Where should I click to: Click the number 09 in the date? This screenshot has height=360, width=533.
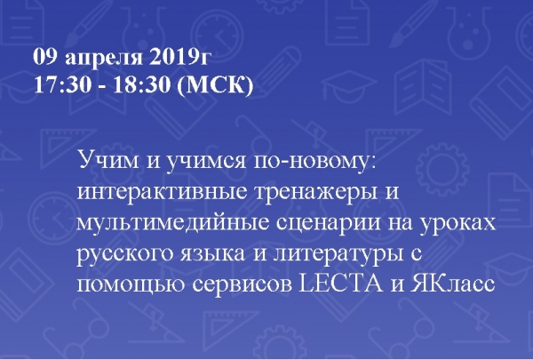coord(44,57)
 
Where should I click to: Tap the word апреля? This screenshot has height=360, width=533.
coord(104,60)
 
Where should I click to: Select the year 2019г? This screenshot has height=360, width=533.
coord(179,57)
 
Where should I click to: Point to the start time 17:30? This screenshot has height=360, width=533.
coord(62,84)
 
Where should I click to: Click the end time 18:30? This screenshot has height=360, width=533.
coord(141,84)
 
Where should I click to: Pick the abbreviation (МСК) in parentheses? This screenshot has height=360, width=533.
coord(216,85)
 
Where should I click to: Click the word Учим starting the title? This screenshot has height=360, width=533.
coord(108,160)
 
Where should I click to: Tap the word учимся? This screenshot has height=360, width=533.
coord(206,161)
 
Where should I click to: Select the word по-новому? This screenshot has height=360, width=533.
coord(315,161)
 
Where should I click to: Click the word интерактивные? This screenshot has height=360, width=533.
coord(162,192)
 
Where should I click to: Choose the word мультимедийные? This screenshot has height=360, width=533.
coord(173,223)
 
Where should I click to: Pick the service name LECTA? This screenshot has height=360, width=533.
coord(340,284)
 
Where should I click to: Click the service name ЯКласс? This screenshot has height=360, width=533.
coord(452,284)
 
